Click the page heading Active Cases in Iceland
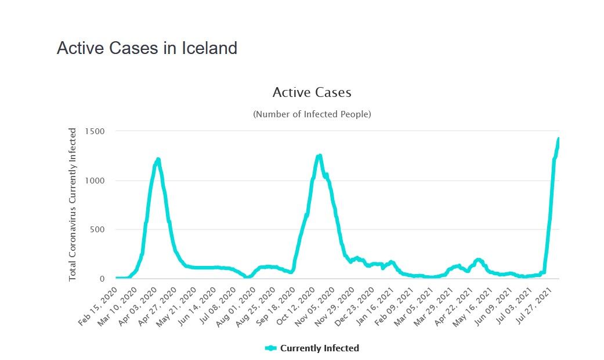(x=147, y=48)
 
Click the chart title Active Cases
(x=312, y=92)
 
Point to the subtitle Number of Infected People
(x=312, y=114)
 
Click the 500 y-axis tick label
(x=96, y=229)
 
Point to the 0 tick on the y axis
(x=102, y=279)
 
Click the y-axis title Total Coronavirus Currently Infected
(x=73, y=204)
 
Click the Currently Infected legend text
(x=319, y=348)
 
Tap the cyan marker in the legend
(x=271, y=348)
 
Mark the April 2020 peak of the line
(x=158, y=159)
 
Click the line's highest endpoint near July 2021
(x=558, y=139)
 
